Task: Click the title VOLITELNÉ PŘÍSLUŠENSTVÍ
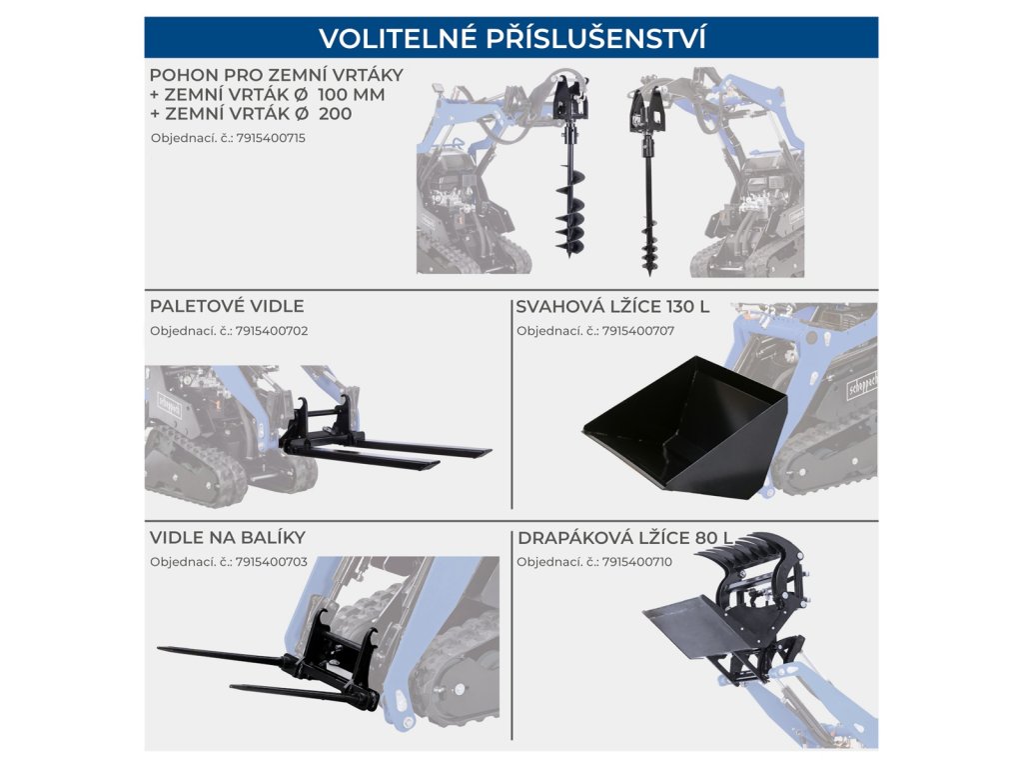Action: click(511, 38)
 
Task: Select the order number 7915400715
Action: click(271, 138)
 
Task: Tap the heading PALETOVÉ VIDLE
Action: click(227, 306)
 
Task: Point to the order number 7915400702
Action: click(271, 330)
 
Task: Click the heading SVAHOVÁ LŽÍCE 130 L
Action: click(612, 306)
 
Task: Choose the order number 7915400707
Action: click(638, 330)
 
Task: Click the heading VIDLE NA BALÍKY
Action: click(228, 538)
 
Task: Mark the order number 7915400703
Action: click(271, 562)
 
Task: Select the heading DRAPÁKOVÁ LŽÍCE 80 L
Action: click(624, 538)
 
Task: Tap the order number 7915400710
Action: click(638, 562)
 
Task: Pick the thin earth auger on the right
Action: click(648, 210)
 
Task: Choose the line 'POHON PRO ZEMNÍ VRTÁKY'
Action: click(276, 75)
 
